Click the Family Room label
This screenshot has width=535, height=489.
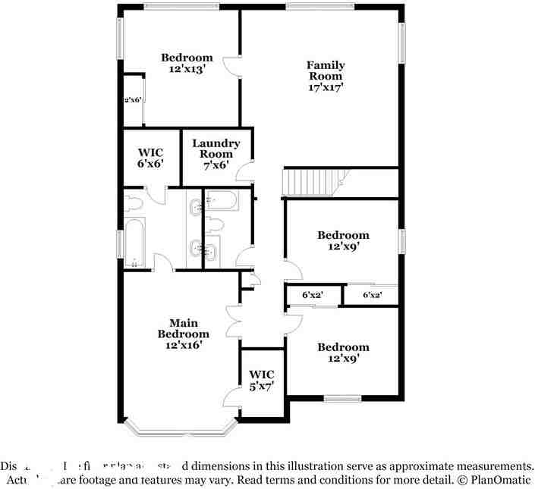325,71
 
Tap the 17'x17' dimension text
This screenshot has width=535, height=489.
325,86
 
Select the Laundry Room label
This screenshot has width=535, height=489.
216,149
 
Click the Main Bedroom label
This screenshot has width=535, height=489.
183,328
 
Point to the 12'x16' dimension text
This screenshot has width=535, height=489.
183,345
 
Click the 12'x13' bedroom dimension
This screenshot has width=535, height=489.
187,69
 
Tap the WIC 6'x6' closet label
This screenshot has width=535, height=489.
150,157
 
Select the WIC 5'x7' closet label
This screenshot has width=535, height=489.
262,380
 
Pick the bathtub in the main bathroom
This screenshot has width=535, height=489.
136,243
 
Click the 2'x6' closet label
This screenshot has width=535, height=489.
133,99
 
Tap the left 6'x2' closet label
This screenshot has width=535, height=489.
312,295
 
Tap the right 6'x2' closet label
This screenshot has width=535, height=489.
372,295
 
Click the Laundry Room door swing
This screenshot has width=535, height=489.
244,172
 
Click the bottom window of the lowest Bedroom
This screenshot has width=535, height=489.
342,397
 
